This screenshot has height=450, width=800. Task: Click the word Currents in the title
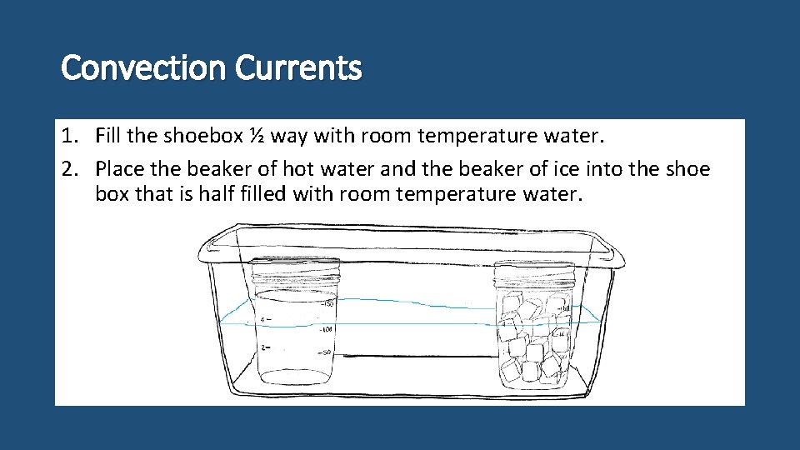coord(298,68)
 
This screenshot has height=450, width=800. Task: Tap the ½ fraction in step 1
coord(256,136)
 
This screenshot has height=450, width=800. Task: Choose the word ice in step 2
coord(553,169)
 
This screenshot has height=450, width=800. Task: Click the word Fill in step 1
coord(109,136)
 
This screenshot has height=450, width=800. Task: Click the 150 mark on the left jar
coord(327,303)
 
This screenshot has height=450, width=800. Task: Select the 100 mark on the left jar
coord(327,330)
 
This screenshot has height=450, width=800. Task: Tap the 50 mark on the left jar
coord(327,353)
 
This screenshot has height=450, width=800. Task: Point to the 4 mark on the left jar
coord(263,320)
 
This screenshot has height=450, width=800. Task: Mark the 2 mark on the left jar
coord(263,347)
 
